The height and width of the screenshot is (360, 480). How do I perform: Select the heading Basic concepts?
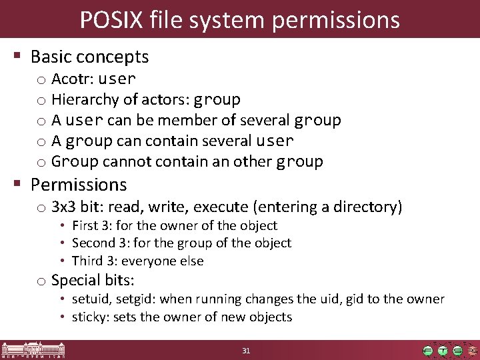(89, 57)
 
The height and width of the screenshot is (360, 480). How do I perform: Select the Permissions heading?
(79, 184)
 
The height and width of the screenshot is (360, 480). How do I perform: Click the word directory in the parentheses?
(367, 207)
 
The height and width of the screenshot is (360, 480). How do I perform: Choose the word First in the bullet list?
(84, 226)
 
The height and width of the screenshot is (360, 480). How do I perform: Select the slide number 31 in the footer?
(246, 351)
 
